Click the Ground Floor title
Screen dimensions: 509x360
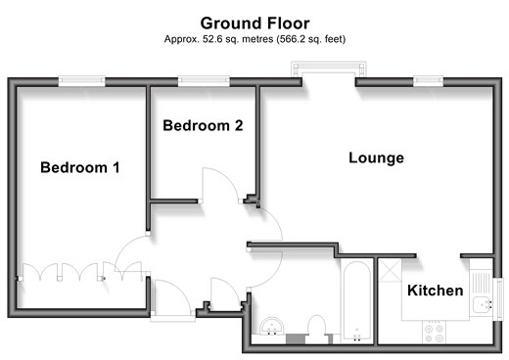pyautogui.click(x=254, y=23)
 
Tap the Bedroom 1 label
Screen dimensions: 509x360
pyautogui.click(x=80, y=167)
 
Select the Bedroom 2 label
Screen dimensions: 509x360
pyautogui.click(x=203, y=125)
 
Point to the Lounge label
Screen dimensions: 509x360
pyautogui.click(x=376, y=157)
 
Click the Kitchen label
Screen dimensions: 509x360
pyautogui.click(x=436, y=291)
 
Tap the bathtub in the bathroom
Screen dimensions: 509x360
pyautogui.click(x=356, y=301)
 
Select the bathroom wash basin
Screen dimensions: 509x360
pyautogui.click(x=272, y=326)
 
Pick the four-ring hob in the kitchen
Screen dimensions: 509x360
pyautogui.click(x=435, y=332)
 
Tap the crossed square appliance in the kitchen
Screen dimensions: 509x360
pyautogui.click(x=390, y=270)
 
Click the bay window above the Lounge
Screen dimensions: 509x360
pyautogui.click(x=328, y=69)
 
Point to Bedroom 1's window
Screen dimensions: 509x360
pyautogui.click(x=81, y=81)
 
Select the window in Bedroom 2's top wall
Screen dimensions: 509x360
pyautogui.click(x=204, y=81)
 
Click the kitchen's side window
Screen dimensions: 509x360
pyautogui.click(x=498, y=299)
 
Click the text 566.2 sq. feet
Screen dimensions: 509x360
pyautogui.click(x=311, y=39)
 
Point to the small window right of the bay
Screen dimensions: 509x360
pyautogui.click(x=428, y=81)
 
